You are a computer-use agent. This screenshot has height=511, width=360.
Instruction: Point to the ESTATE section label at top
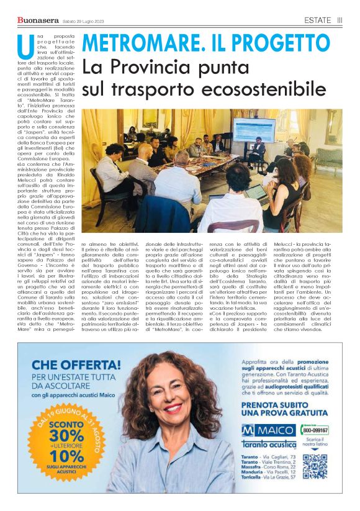pyautogui.click(x=317, y=20)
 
